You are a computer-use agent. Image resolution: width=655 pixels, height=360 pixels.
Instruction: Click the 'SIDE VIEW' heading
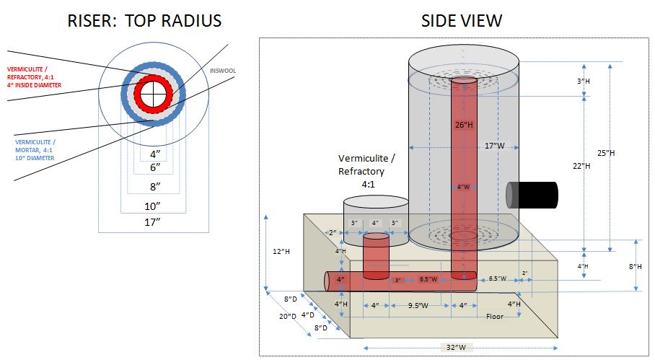point(462,21)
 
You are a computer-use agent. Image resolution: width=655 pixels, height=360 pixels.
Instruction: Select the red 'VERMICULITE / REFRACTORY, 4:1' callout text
point(35,76)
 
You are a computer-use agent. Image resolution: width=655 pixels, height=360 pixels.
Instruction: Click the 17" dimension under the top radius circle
point(152,222)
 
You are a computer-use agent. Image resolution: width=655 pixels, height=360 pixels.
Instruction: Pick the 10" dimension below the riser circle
point(152,206)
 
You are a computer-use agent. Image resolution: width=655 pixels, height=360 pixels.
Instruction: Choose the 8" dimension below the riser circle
point(152,186)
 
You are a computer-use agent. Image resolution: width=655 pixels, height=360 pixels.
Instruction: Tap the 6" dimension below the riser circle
point(152,167)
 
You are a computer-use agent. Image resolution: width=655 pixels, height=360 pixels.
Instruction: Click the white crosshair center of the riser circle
point(151,94)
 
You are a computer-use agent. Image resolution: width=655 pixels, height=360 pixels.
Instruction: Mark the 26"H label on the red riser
point(464,124)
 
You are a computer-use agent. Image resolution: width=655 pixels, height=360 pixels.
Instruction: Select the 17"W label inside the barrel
point(495,146)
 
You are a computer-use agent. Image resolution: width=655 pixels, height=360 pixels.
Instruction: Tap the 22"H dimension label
point(582,166)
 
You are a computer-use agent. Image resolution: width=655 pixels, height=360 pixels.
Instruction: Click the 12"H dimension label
point(281,252)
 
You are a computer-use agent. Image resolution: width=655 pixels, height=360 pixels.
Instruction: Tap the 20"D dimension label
point(289,316)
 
